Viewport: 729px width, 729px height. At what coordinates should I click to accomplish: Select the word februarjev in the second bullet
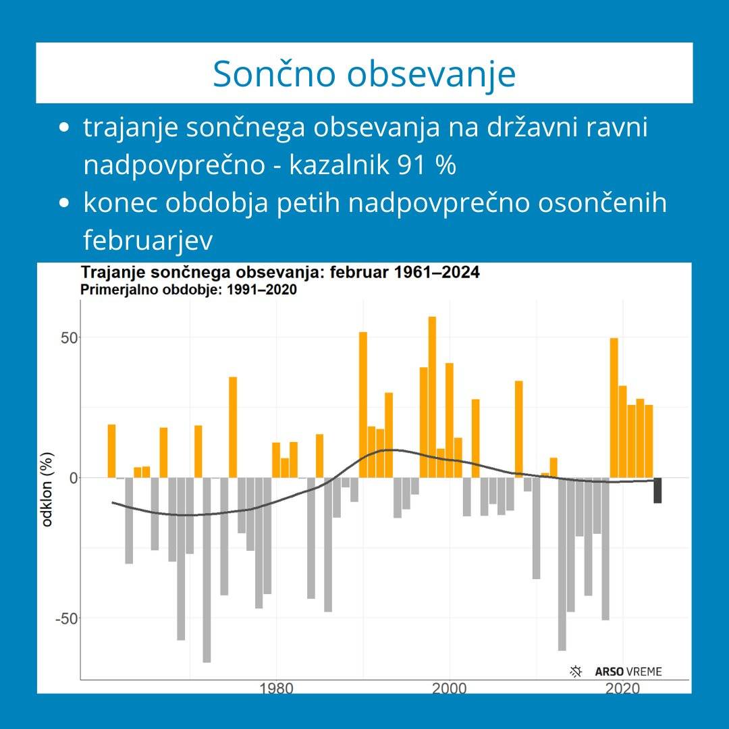point(148,241)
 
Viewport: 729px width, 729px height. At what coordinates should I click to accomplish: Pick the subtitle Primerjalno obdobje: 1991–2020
point(188,290)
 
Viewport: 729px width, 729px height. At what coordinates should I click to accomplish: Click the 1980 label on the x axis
point(275,688)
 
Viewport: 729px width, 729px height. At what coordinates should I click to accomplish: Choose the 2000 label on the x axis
point(449,688)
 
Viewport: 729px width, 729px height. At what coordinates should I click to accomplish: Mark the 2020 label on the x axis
point(622,688)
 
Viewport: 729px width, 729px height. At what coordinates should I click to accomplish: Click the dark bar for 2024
point(657,490)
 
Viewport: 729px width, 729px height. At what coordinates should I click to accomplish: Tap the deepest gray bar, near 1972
point(207,570)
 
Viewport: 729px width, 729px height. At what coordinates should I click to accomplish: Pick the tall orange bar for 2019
point(614,408)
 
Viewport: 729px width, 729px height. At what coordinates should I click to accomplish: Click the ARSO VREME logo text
point(628,672)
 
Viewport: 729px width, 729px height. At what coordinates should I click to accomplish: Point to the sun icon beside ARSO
point(576,671)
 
